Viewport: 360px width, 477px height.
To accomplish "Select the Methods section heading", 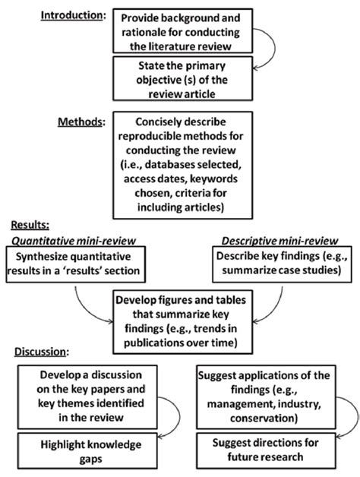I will point(81,121).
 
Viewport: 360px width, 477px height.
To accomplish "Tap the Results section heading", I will point(29,226).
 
